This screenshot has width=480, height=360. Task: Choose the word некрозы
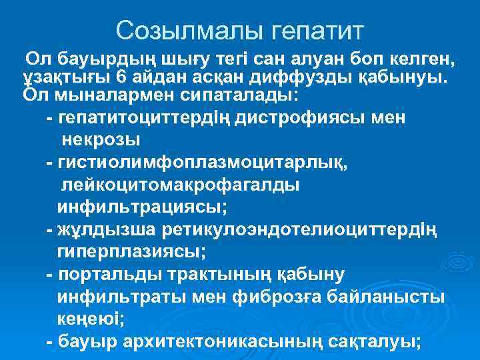point(101,141)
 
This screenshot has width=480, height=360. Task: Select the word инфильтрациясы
point(142,207)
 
